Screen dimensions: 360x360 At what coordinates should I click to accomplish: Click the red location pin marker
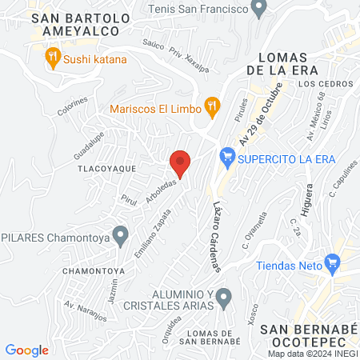point(180,162)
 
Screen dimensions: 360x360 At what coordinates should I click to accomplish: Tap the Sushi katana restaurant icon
point(54,57)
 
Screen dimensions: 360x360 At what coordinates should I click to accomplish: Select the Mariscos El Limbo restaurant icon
point(212,104)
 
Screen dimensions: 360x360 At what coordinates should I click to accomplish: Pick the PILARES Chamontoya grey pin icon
point(121,235)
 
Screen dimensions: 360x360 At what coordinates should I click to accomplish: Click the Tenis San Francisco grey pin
point(258,9)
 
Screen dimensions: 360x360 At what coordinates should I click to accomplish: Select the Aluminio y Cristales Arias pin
point(224,299)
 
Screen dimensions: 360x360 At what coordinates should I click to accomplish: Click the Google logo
point(26,350)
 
